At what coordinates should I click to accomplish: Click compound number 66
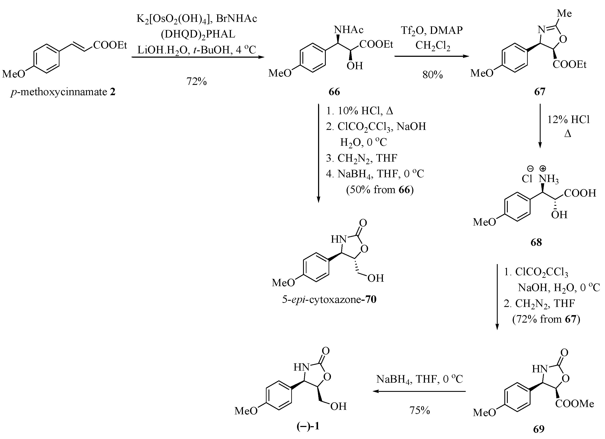(x=334, y=92)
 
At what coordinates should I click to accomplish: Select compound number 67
(x=539, y=92)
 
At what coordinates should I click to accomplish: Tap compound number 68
(x=536, y=242)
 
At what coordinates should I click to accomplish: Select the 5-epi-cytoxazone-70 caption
(x=329, y=299)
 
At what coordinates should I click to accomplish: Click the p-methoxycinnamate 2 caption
(x=63, y=92)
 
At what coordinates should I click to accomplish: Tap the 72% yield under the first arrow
(x=197, y=81)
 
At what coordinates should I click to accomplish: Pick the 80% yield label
(x=432, y=75)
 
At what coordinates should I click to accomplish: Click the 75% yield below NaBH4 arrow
(x=420, y=410)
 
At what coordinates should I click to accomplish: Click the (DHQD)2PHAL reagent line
(x=198, y=34)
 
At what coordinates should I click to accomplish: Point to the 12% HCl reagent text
(x=568, y=120)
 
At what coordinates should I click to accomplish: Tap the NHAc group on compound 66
(x=349, y=30)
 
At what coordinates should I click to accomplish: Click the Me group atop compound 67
(x=564, y=13)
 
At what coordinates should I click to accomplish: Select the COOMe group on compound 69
(x=575, y=404)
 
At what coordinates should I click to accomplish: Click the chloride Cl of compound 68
(x=527, y=179)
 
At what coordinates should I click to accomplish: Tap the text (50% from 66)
(x=380, y=190)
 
